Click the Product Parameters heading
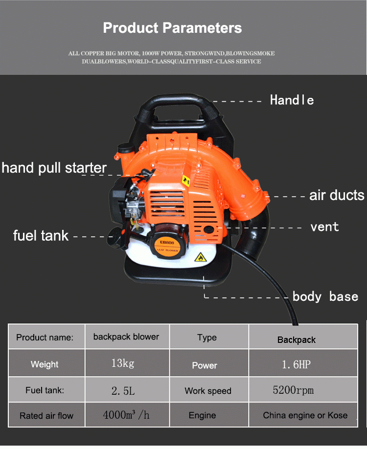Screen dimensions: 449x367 [172, 28]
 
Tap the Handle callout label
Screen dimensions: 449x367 [292, 100]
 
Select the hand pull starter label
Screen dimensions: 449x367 [54, 168]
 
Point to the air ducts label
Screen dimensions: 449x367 [337, 196]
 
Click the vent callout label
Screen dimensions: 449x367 [324, 227]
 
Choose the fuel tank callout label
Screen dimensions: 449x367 [41, 235]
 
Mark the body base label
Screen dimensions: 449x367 [325, 296]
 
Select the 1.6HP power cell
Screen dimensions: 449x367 [296, 364]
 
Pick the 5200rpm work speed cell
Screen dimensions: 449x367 [293, 390]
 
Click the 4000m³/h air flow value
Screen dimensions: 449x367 [126, 415]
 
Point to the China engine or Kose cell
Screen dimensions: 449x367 [305, 415]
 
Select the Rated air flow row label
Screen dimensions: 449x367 [46, 416]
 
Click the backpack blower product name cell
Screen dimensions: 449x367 [126, 337]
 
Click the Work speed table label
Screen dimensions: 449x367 [208, 391]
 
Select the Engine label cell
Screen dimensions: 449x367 [202, 415]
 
